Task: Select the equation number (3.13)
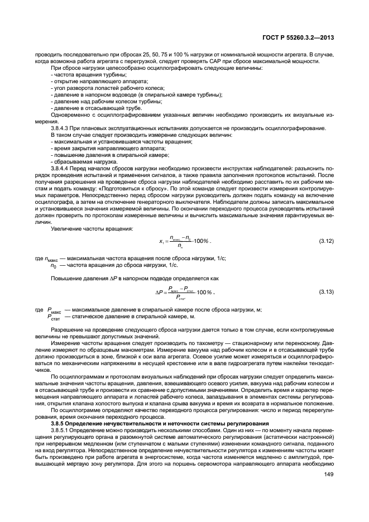pos(325,292)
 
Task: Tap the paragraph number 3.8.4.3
pos(61,128)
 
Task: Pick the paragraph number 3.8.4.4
pos(61,167)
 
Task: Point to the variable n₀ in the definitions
pos(53,266)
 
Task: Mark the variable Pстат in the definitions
pos(54,317)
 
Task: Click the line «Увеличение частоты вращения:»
pos(92,229)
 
